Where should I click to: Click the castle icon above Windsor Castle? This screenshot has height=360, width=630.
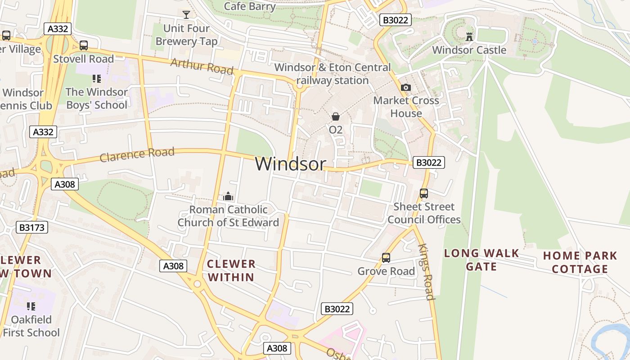[469, 36]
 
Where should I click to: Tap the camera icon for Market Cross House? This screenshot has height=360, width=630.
[406, 87]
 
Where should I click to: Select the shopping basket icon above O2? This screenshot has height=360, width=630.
[336, 117]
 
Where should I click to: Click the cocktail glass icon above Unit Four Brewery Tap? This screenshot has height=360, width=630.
[186, 15]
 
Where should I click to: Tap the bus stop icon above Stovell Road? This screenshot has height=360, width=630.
[84, 45]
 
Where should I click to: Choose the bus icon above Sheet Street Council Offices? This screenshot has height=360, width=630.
[424, 193]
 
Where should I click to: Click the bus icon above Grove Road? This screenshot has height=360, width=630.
[386, 258]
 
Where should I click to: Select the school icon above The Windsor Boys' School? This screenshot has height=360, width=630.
[96, 79]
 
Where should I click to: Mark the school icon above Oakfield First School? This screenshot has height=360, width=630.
[31, 306]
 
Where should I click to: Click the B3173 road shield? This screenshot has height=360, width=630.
[31, 227]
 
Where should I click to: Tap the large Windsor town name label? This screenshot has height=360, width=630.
[290, 164]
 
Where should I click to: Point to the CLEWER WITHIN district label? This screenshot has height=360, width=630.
[231, 270]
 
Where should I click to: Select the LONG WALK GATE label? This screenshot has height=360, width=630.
[481, 260]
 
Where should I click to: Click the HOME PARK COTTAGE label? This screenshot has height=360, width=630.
[580, 262]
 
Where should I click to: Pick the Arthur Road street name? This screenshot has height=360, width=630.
[202, 67]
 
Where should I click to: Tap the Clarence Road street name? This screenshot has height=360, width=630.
[137, 154]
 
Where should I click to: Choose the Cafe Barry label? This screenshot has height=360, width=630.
[249, 6]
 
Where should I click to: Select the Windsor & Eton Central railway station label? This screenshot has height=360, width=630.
[333, 74]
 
